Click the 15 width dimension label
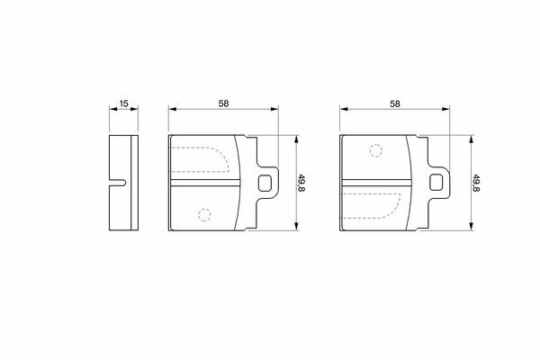pyautogui.click(x=123, y=103)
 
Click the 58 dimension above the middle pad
pyautogui.click(x=223, y=103)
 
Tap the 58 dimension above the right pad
pyautogui.click(x=395, y=103)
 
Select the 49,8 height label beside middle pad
pyautogui.click(x=301, y=184)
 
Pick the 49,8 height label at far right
pyautogui.click(x=476, y=184)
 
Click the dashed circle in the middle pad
pyautogui.click(x=204, y=215)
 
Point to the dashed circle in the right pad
pyautogui.click(x=375, y=151)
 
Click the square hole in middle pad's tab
pyautogui.click(x=265, y=183)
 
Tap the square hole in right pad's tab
pyautogui.click(x=436, y=182)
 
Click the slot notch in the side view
pyautogui.click(x=118, y=183)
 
